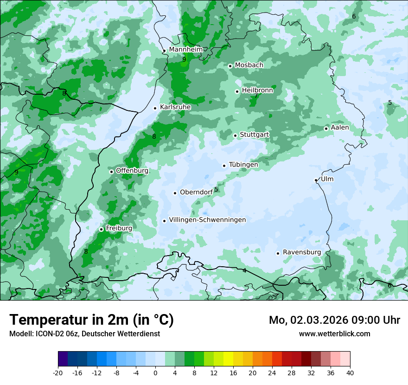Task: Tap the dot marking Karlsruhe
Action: (155, 108)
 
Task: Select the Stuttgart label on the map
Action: (254, 135)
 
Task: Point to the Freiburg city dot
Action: (101, 229)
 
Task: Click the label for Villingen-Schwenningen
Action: (207, 220)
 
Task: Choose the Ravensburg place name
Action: (302, 252)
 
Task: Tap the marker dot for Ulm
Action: (316, 180)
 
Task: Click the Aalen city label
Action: (340, 128)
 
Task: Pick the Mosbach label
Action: (249, 65)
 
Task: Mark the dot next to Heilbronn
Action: (237, 91)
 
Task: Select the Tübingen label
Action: (243, 165)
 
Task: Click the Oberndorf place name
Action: (196, 192)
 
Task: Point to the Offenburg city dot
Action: (111, 172)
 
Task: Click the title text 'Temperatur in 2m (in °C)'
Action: (92, 320)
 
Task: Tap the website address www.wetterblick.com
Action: (335, 334)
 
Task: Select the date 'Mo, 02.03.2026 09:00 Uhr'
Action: (334, 320)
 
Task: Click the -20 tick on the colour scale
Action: (58, 372)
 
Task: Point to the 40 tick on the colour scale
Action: (350, 372)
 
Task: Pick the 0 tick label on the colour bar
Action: (155, 372)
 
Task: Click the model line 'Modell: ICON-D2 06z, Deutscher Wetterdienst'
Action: (84, 334)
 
